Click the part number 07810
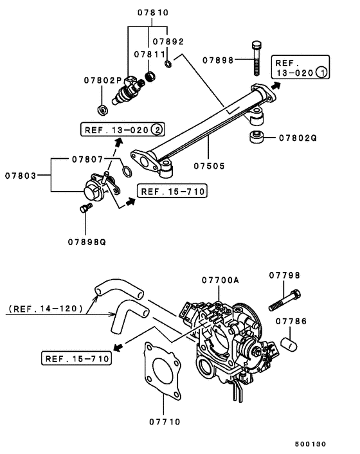152,12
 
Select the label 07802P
102,80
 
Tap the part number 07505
211,165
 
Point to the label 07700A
220,280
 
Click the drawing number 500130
310,443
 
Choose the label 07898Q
86,242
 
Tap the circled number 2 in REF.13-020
156,129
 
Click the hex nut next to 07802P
102,106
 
